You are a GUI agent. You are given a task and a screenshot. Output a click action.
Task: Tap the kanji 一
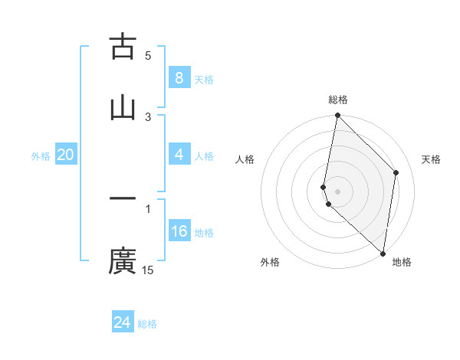coord(123,199)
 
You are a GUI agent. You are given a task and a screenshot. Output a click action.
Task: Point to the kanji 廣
coord(123,260)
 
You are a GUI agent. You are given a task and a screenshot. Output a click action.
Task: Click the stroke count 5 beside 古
coord(148,55)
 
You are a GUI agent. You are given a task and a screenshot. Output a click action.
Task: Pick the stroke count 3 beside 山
coord(148,116)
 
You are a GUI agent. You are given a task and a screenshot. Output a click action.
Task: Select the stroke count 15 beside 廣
coord(148,270)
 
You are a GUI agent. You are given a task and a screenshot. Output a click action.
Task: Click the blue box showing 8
coord(179,78)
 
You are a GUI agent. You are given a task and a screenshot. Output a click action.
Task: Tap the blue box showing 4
coord(179,155)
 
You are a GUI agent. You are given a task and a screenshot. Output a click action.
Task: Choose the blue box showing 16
coord(179,231)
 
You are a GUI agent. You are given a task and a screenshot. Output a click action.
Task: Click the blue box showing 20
coord(65,155)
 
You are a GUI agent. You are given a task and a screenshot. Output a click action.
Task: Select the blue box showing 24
coord(122,322)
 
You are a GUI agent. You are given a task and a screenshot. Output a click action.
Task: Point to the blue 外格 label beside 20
coord(41,155)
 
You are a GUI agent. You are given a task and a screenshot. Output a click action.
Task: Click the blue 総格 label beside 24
coord(147,324)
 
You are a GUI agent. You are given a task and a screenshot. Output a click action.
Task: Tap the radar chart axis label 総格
coord(338,100)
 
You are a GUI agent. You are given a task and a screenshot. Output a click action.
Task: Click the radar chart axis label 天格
coord(432,159)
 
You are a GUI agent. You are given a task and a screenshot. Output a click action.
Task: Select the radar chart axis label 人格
coord(245,159)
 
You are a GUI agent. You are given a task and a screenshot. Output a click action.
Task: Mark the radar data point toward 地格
coord(383,254)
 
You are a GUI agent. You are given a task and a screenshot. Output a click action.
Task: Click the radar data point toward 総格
coord(337,115)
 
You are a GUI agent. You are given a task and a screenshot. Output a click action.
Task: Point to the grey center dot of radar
coord(337,191)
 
